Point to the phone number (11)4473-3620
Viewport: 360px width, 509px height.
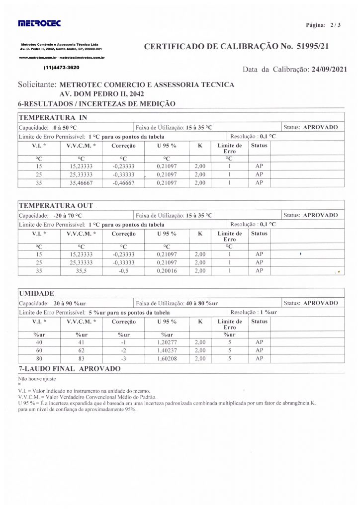[62, 67]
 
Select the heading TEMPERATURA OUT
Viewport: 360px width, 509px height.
[56, 206]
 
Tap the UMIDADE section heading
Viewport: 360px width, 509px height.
[37, 294]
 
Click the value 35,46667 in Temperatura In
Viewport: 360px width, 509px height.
[81, 183]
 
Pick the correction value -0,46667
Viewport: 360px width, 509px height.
[123, 183]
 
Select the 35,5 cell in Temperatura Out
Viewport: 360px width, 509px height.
[81, 271]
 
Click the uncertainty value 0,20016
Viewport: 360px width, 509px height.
[167, 271]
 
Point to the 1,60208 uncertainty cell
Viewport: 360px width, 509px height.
[167, 359]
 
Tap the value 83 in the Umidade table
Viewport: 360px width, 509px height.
[81, 359]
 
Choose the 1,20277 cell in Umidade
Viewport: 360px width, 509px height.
[167, 342]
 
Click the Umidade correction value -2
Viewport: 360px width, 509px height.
[123, 350]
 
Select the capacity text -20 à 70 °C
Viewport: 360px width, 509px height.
[69, 216]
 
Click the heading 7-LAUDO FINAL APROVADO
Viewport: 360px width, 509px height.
[69, 369]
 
